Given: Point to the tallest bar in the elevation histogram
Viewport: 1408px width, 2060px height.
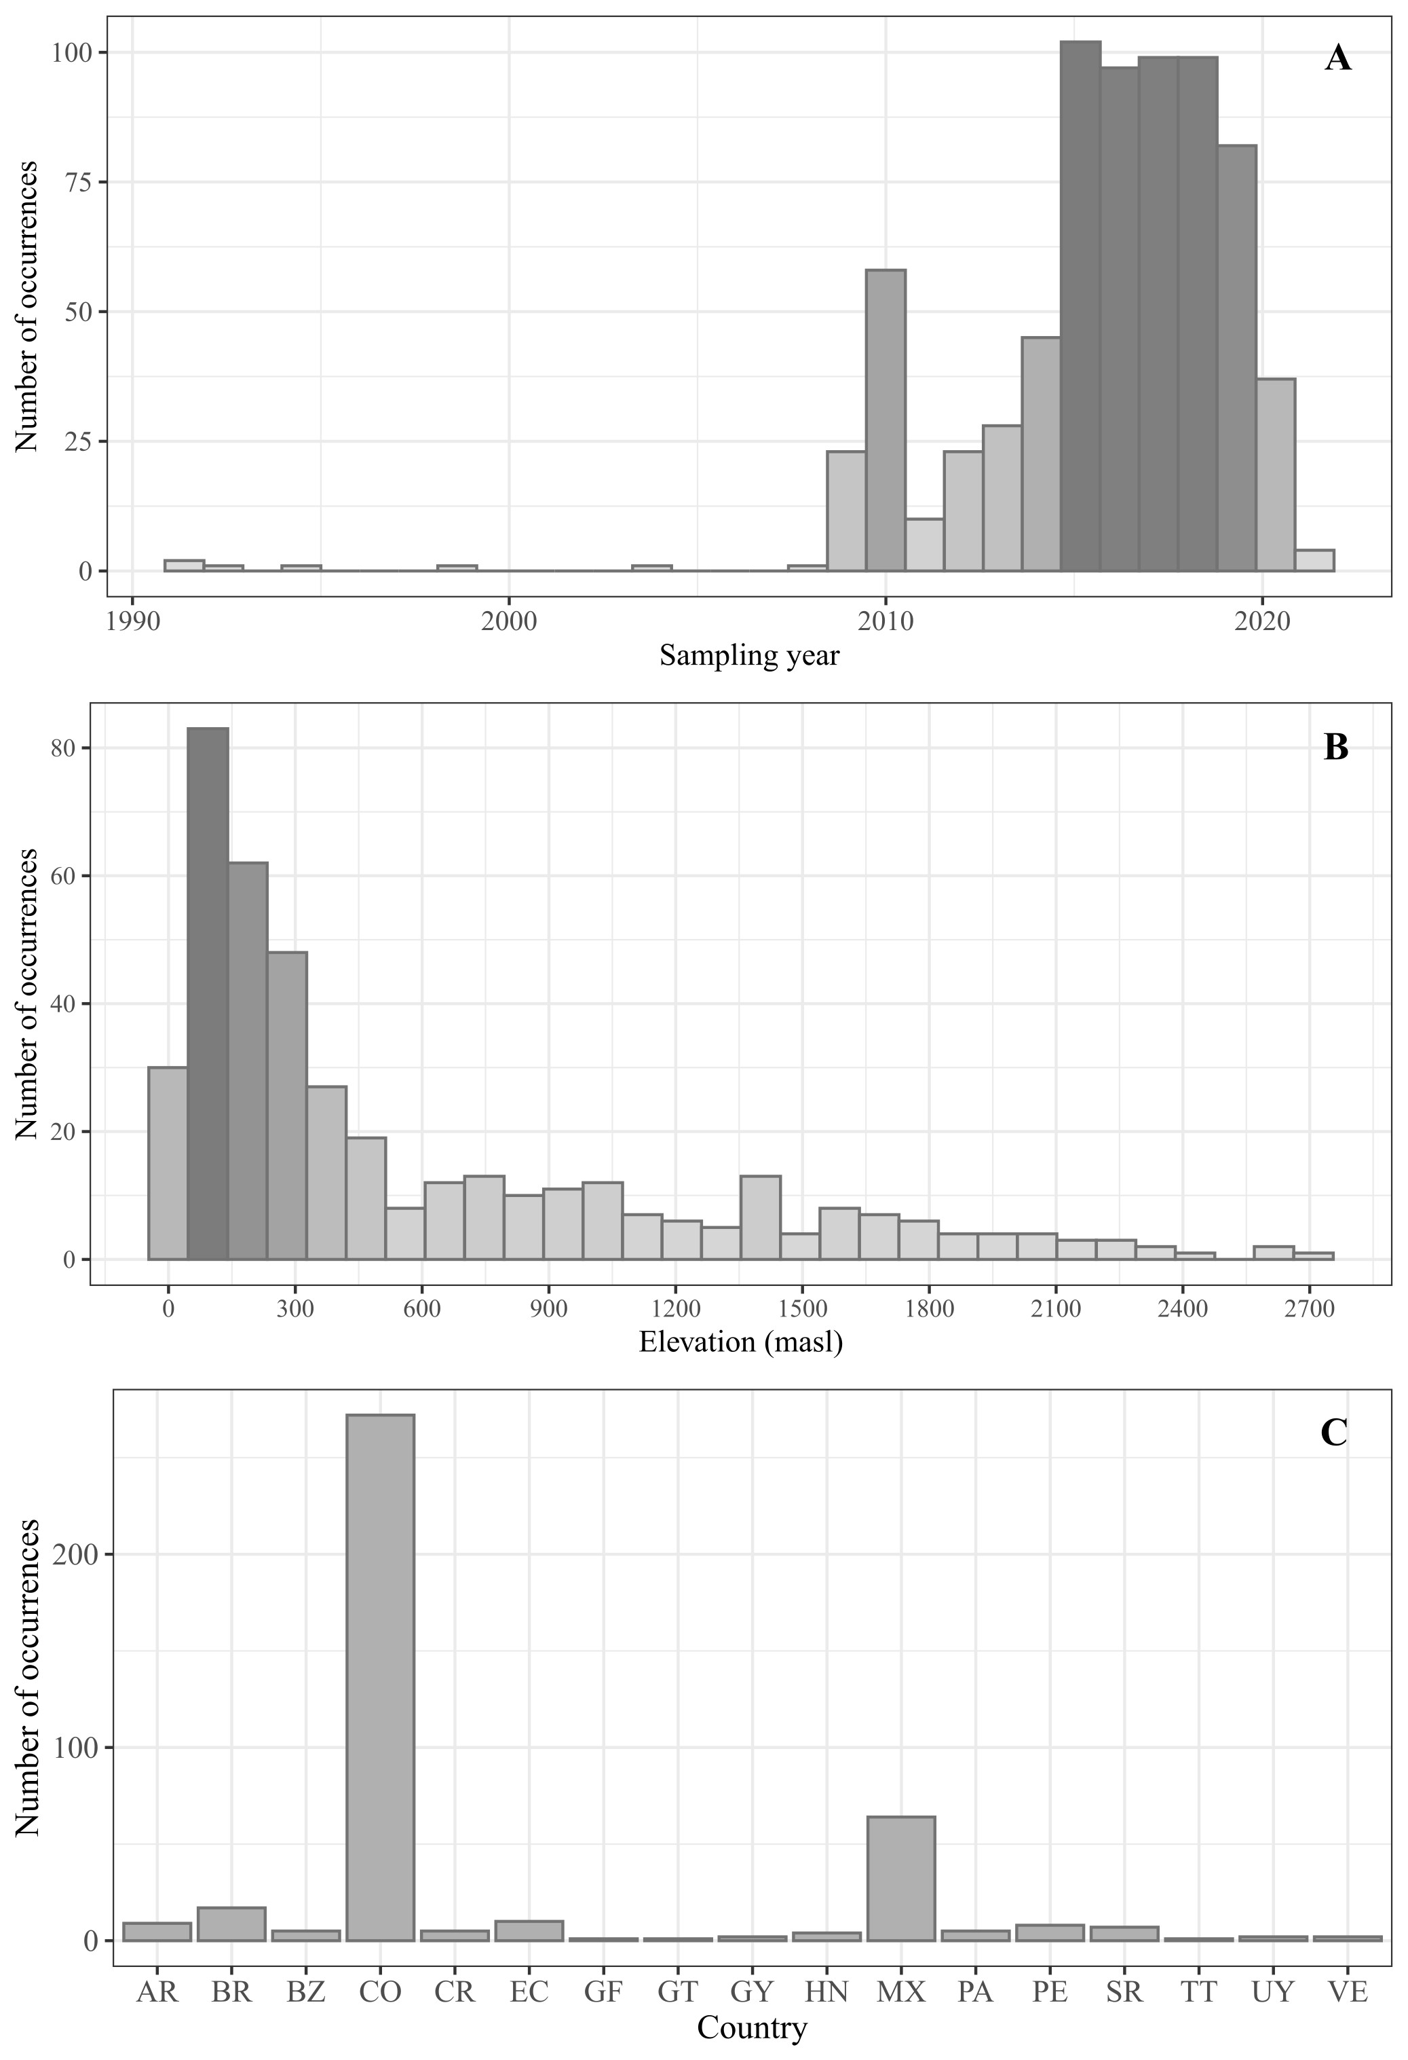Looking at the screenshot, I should click(208, 993).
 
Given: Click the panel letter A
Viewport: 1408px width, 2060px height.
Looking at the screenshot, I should click(1338, 59).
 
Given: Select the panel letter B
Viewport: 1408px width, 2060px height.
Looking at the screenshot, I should click(1335, 748).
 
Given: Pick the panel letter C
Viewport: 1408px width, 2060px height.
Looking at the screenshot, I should click(1333, 1433).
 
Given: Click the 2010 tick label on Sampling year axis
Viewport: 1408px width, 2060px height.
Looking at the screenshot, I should click(886, 620).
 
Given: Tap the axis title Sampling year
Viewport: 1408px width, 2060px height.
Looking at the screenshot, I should click(748, 656).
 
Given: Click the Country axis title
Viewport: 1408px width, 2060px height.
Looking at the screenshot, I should click(751, 2028).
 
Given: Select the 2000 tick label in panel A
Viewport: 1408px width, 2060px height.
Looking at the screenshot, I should click(509, 620).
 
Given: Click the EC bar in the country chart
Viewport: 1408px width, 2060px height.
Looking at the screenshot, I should click(529, 1929).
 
